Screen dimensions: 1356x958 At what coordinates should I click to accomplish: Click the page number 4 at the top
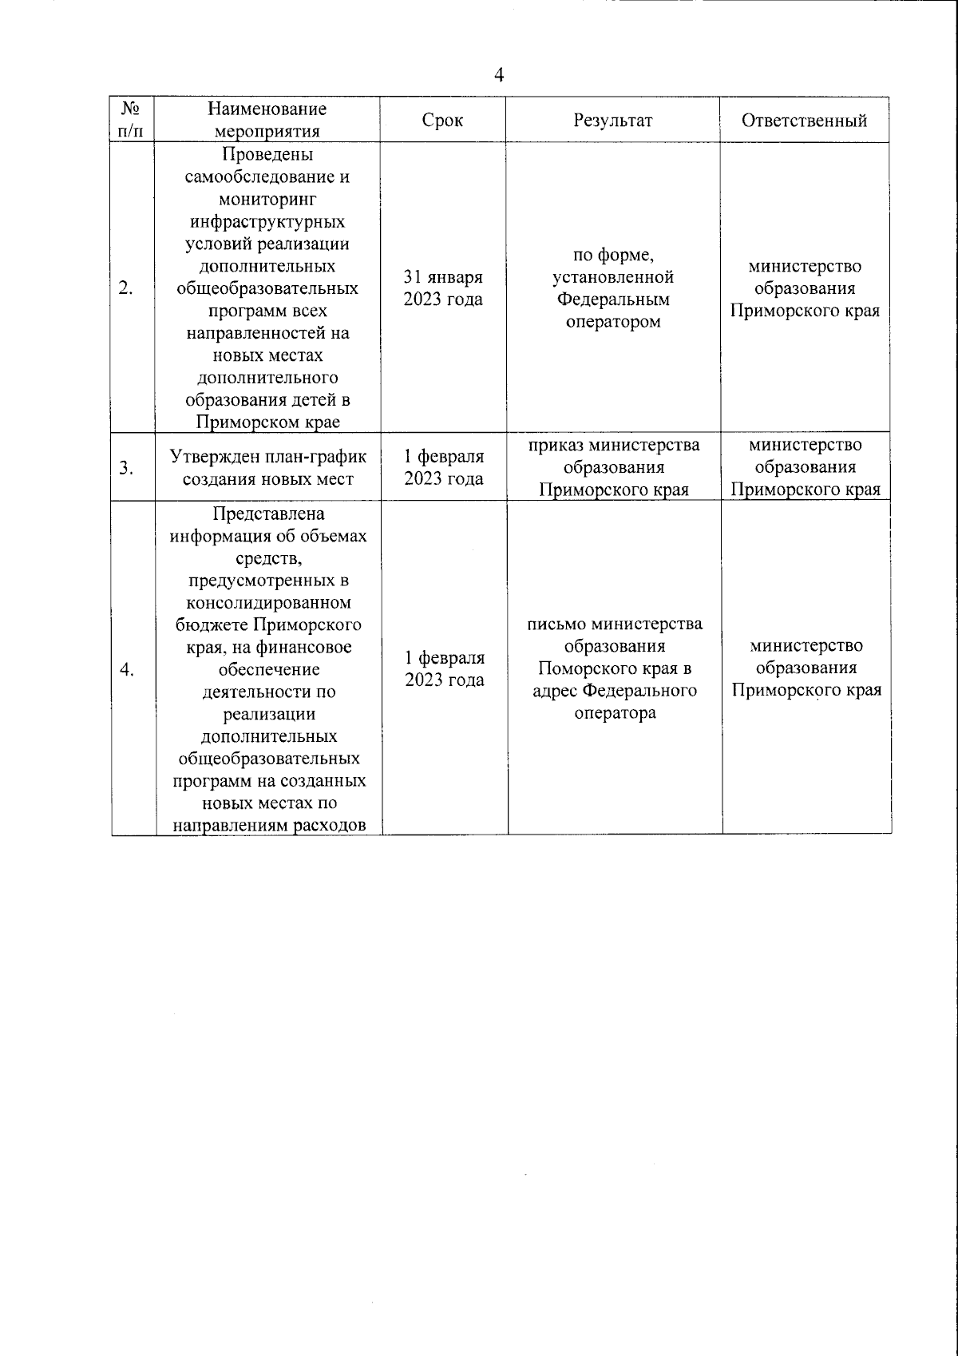(x=500, y=76)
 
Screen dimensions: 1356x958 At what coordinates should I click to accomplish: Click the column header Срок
(x=442, y=121)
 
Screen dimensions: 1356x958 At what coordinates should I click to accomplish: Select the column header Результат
(x=613, y=121)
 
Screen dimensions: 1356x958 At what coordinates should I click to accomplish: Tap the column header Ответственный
(x=804, y=121)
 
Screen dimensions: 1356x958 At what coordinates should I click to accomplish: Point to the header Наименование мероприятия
(x=267, y=121)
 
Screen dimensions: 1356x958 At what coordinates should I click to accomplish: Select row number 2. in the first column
(x=125, y=288)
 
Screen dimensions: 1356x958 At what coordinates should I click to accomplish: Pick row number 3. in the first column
(x=125, y=468)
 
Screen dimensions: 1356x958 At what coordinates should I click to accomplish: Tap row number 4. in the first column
(x=125, y=669)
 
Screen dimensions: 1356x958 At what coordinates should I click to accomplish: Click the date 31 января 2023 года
(x=443, y=288)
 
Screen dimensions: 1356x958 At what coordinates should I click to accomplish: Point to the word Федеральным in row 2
(x=613, y=299)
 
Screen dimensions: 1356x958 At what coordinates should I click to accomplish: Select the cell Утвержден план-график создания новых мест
(x=268, y=468)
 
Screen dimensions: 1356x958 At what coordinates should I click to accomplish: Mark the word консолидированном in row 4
(x=268, y=602)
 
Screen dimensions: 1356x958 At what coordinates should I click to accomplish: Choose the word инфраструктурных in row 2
(x=268, y=221)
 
